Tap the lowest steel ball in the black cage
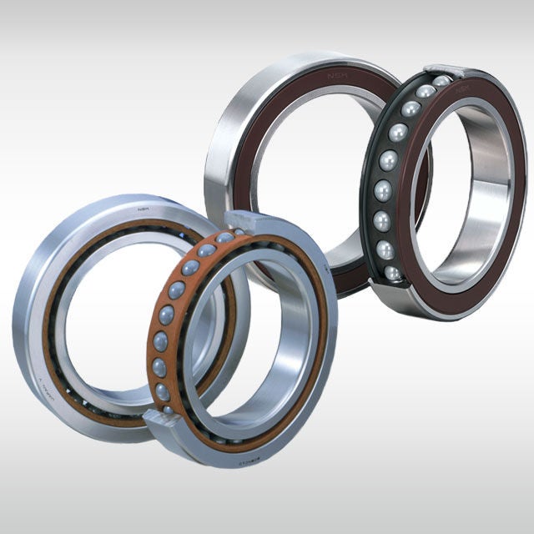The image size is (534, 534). (391, 274)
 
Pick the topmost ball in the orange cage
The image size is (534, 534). (240, 230)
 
